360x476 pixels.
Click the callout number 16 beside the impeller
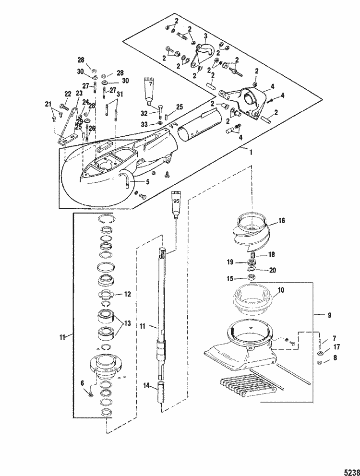[x=282, y=222]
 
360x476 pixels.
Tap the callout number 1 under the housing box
[x=250, y=152]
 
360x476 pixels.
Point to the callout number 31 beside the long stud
[x=120, y=94]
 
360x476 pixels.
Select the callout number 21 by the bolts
[x=48, y=104]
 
